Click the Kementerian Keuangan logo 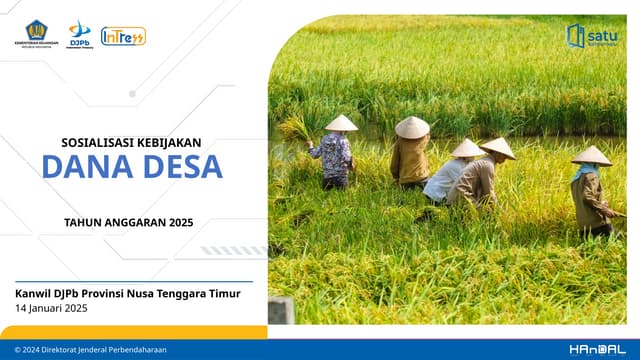coord(35,34)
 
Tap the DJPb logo coord(79,34)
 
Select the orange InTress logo coord(123,36)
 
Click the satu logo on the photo coord(592,36)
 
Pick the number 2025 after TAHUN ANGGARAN coord(180,222)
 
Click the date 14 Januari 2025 coord(52,308)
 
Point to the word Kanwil coord(34,293)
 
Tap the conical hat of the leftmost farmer coord(341,123)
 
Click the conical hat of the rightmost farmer coord(591,156)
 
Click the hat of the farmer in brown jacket coord(411,127)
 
